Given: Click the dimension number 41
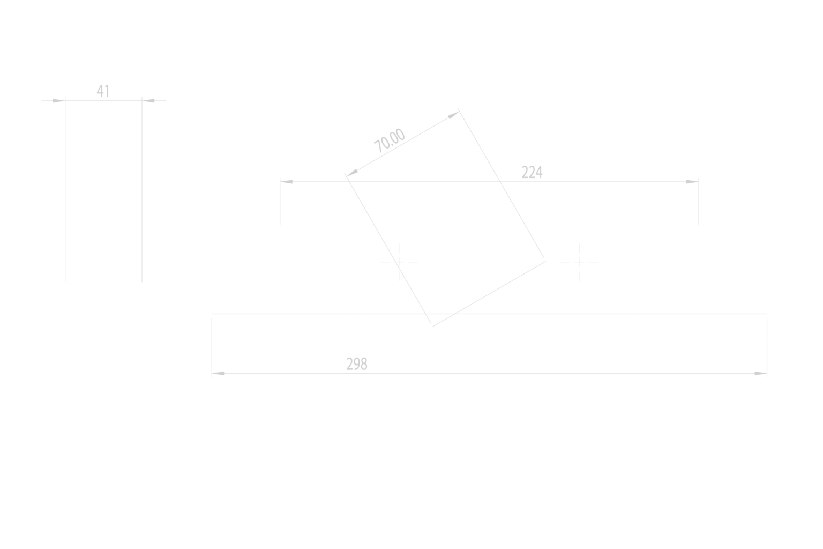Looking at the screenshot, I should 103,91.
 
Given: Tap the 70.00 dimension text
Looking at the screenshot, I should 390,141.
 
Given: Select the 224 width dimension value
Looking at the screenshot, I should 532,172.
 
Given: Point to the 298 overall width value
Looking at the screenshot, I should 356,364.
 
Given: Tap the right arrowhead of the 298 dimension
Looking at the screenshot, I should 761,373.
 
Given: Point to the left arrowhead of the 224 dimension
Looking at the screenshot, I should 287,182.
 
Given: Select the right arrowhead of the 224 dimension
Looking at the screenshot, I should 693,182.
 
